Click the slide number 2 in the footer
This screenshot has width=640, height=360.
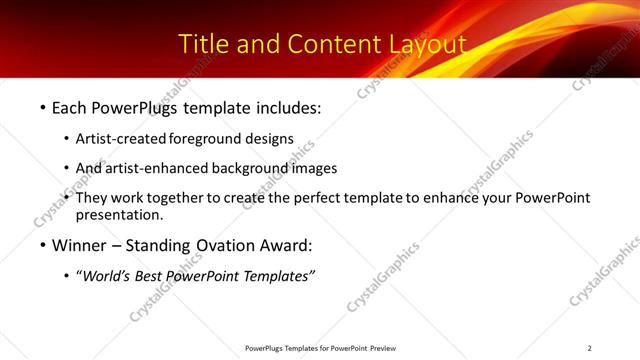point(589,348)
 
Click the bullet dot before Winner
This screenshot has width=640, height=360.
point(42,245)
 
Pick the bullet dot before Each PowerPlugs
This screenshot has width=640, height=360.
point(42,105)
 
